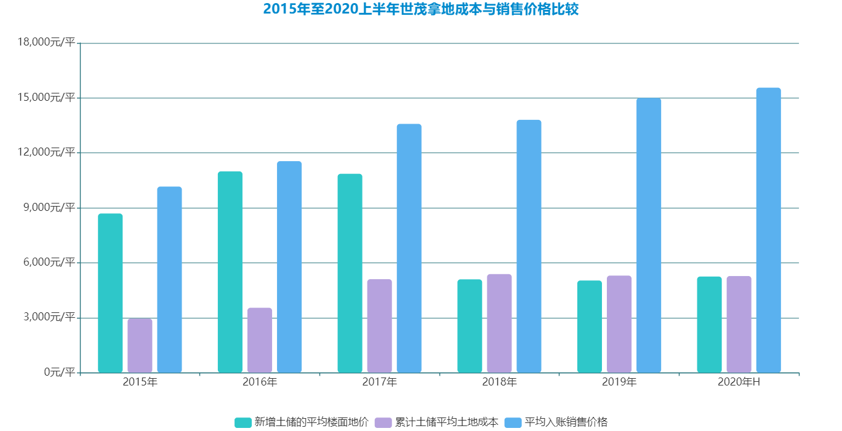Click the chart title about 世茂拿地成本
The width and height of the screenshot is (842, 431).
[x=421, y=9]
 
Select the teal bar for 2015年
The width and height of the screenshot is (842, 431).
[x=110, y=293]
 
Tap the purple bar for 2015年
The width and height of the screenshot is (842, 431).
[x=140, y=345]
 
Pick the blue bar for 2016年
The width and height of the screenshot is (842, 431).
[x=289, y=266]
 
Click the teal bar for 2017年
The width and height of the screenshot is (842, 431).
[x=350, y=273]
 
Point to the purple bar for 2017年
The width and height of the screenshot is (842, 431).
[x=379, y=325]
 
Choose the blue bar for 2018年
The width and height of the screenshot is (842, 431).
[x=529, y=246]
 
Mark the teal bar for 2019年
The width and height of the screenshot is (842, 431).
[x=589, y=326]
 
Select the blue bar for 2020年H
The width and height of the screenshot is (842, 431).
[x=768, y=230]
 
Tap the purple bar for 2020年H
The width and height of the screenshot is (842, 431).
[x=739, y=324]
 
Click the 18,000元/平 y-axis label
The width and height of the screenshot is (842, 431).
[x=47, y=42]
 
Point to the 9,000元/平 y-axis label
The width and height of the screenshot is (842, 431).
[x=50, y=208]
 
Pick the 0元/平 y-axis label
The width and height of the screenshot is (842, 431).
[x=58, y=372]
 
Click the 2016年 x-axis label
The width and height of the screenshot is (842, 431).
[x=260, y=382]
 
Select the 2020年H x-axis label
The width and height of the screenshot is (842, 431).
[x=739, y=382]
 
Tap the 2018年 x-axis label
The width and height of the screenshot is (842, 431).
[x=499, y=382]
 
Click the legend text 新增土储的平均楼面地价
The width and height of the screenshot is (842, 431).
[x=311, y=422]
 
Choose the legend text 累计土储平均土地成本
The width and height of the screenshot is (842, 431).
[x=447, y=422]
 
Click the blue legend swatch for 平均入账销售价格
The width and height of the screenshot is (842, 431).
[x=513, y=422]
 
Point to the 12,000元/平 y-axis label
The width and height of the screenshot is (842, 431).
[x=47, y=152]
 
